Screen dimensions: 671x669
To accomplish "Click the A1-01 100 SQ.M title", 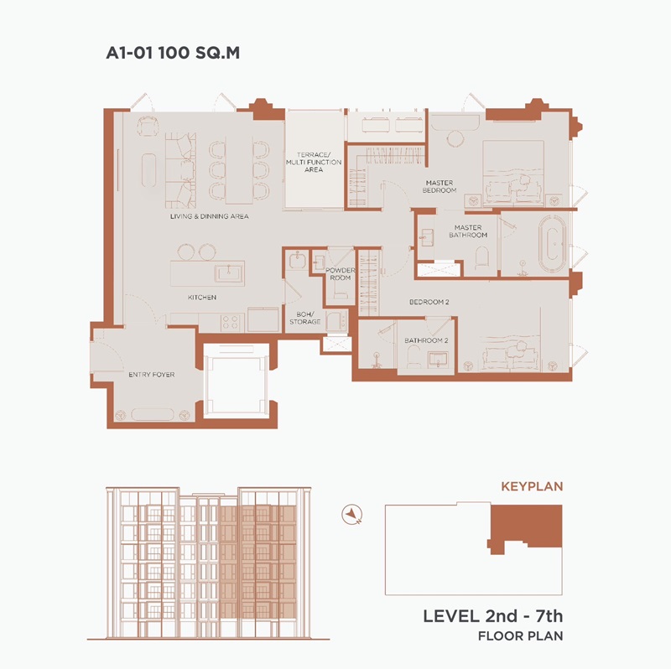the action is tap(173, 53).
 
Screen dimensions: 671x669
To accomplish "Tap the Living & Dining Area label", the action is tap(209, 216).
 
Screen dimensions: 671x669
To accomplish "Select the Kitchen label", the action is tap(202, 298).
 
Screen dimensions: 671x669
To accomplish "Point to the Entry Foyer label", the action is tap(152, 375).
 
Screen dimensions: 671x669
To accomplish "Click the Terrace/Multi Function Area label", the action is tap(314, 162).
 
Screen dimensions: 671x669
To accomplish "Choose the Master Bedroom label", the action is tap(440, 186).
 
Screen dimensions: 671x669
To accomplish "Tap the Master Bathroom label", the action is tap(468, 231).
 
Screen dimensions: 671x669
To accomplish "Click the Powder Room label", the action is tap(341, 274).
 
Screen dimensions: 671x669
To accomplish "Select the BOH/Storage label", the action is tap(305, 318).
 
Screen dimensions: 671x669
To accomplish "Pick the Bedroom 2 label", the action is tap(429, 302).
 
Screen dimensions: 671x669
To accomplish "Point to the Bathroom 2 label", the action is tap(426, 340).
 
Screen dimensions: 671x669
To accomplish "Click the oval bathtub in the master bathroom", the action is tap(552, 244).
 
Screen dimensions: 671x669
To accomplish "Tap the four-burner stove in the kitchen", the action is tap(230, 323).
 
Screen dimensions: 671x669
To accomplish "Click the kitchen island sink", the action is tap(229, 272).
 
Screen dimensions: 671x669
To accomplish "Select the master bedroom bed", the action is tap(513, 173).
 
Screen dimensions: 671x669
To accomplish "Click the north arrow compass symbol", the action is tap(352, 514).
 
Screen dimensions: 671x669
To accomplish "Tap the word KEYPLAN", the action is tap(532, 486).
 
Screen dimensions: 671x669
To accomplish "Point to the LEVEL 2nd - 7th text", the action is tap(493, 616).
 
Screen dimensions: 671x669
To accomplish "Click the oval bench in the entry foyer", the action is tap(153, 414).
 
